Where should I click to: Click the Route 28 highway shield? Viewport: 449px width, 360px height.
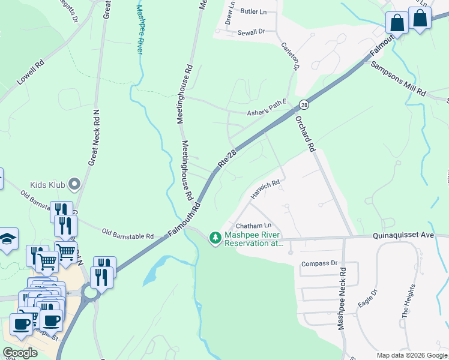[x=304, y=105]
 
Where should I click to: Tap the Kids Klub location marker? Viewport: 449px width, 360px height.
[x=74, y=184]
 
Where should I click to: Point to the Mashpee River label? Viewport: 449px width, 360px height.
[x=139, y=30]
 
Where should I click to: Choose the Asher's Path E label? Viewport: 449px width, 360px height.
[x=268, y=111]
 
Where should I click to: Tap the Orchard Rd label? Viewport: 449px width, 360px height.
[x=305, y=133]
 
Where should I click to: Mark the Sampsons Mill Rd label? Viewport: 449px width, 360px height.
[x=397, y=79]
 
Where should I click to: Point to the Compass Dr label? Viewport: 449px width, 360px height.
[x=319, y=263]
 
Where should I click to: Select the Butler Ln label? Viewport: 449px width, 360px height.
[x=253, y=11]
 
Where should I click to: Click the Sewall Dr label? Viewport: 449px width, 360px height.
[x=251, y=32]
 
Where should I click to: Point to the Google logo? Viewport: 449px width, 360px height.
[x=20, y=353]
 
